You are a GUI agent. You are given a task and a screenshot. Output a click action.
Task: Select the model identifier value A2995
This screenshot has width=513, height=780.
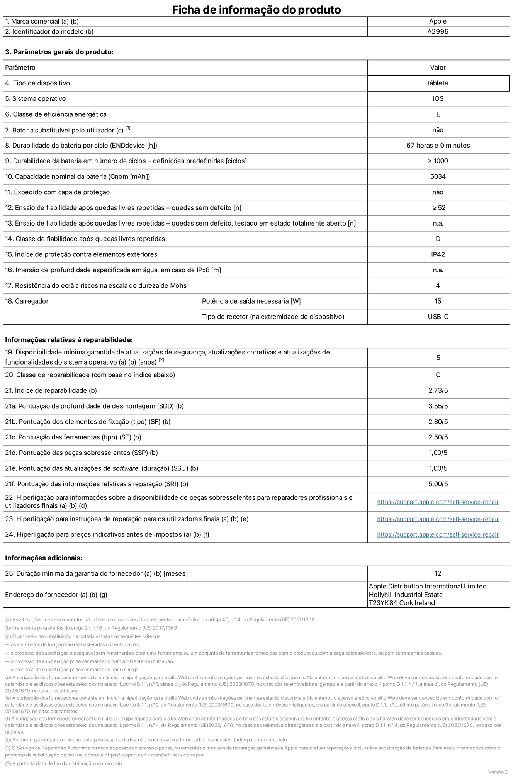click(x=438, y=32)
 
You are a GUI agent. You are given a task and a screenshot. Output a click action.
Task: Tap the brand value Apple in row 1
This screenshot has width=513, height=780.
click(x=438, y=21)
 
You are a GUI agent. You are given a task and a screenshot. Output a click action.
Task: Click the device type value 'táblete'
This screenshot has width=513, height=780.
click(x=438, y=83)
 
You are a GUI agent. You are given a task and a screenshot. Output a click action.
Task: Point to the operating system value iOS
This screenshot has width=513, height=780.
click(x=438, y=98)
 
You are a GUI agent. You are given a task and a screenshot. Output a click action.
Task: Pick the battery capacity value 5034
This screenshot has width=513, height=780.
click(x=438, y=176)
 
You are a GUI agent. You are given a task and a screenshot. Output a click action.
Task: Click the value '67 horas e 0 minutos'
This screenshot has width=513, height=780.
click(x=438, y=145)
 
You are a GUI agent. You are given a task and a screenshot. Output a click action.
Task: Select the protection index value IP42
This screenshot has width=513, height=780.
click(x=438, y=254)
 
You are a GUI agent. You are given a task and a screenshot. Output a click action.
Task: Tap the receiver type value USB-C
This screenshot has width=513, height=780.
click(x=438, y=317)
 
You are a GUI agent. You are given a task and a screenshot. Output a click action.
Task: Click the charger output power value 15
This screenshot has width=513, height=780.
click(x=438, y=301)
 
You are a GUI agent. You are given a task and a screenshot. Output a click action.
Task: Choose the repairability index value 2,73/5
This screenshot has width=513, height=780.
click(x=438, y=390)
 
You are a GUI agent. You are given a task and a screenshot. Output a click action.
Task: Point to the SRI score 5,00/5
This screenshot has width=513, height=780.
click(x=438, y=484)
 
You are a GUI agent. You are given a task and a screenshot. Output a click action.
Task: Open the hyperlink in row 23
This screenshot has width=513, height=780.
click(x=438, y=519)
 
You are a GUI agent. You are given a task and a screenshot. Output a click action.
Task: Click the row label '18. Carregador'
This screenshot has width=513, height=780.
click(x=27, y=301)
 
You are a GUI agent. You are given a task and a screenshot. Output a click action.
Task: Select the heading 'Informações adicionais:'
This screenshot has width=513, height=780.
click(x=44, y=558)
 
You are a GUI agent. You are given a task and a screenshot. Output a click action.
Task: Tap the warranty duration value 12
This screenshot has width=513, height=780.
click(x=438, y=573)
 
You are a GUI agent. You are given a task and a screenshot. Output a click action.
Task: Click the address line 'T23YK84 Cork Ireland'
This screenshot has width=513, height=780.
click(x=402, y=603)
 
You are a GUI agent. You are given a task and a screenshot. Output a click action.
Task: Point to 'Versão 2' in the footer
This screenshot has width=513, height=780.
click(x=498, y=772)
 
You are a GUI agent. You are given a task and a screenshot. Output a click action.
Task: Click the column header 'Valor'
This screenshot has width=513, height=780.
click(x=438, y=68)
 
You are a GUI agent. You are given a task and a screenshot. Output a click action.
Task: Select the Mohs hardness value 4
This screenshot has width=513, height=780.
click(x=438, y=285)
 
